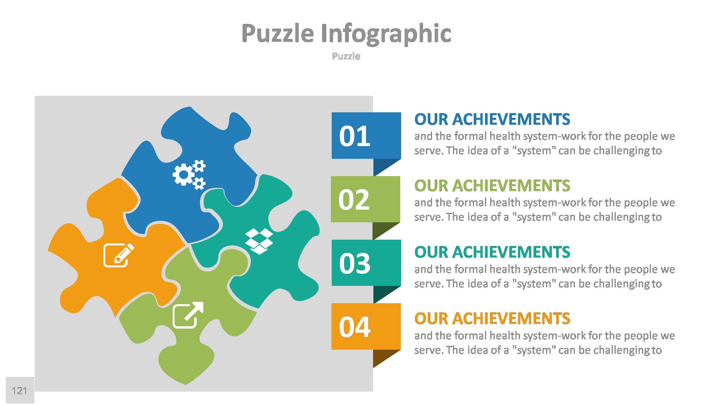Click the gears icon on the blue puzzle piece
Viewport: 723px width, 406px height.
click(189, 174)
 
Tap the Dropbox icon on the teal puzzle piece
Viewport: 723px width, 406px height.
click(259, 241)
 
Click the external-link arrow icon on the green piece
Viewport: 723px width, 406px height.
click(188, 315)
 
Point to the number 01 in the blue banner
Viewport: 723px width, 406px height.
click(354, 136)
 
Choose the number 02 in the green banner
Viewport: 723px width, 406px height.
click(354, 200)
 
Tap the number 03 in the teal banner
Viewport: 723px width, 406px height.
click(354, 263)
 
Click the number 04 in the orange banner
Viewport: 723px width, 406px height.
click(354, 327)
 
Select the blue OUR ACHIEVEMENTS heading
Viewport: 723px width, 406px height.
click(492, 119)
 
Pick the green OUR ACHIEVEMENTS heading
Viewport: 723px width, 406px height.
click(492, 185)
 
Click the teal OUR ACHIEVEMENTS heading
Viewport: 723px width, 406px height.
click(492, 252)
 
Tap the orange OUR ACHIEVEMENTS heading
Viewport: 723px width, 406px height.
click(492, 318)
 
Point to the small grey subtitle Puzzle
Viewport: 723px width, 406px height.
click(346, 56)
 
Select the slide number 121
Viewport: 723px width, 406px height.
click(19, 391)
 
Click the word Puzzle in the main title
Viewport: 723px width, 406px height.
click(278, 33)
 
